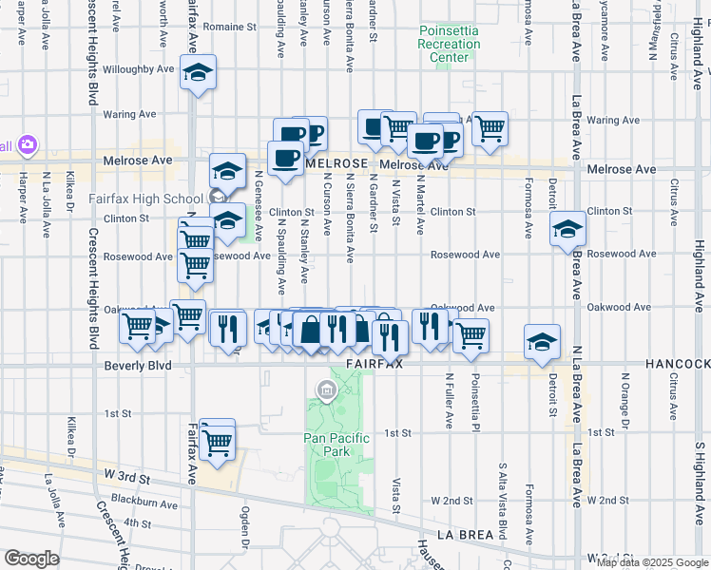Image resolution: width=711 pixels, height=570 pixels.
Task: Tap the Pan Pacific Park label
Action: point(326,444)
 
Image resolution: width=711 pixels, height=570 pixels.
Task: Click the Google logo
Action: point(31,559)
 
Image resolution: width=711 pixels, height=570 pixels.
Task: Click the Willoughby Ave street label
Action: point(139,69)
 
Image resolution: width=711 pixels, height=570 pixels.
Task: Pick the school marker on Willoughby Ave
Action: point(198,72)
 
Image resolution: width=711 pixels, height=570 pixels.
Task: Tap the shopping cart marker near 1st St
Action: point(218,441)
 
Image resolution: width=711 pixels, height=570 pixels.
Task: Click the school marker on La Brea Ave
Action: point(567,230)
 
